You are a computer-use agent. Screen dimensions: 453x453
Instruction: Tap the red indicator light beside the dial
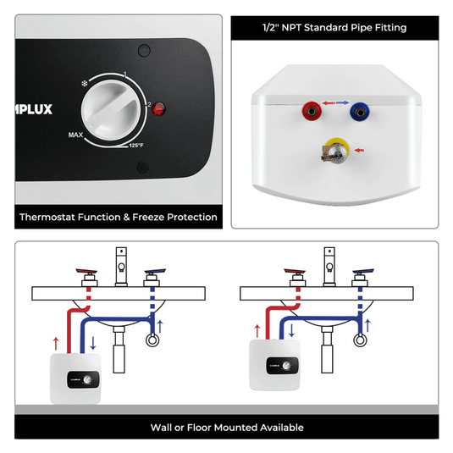tap(158, 108)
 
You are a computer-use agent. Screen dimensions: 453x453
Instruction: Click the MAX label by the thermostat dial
tap(76, 135)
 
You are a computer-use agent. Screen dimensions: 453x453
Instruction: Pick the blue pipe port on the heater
tap(362, 109)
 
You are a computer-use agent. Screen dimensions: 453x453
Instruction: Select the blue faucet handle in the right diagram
tap(364, 273)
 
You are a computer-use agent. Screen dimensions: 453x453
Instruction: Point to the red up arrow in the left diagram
tap(55, 342)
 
